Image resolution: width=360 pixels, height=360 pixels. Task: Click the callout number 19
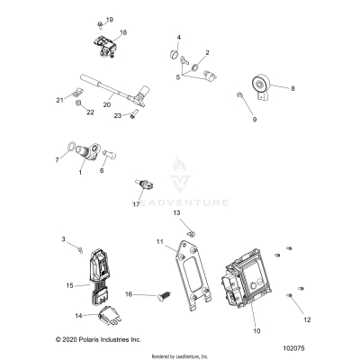point(111,19)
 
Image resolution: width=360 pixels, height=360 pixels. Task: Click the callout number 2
point(207,53)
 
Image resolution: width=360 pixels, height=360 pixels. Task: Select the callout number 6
point(101,169)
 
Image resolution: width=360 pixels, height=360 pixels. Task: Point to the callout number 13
point(177,211)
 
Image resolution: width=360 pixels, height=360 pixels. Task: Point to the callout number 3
point(64,238)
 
